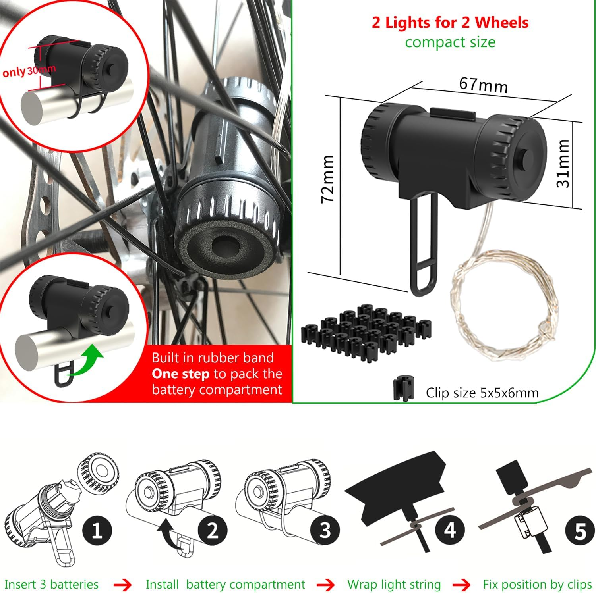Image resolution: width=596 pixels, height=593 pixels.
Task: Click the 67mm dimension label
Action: point(484,85)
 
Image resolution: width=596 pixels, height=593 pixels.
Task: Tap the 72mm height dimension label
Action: point(328,179)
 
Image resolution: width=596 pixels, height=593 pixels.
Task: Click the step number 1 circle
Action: point(97,530)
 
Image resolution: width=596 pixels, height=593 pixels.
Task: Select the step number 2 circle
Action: point(213,530)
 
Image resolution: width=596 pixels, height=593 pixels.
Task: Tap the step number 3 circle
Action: point(325,530)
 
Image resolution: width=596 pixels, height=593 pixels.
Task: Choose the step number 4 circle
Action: point(450,530)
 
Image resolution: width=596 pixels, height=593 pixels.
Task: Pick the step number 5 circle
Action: point(580,530)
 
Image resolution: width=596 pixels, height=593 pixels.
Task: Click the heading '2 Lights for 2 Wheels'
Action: point(450,23)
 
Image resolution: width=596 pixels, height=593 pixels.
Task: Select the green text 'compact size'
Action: point(450,42)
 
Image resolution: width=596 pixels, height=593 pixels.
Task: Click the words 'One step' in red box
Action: point(180,374)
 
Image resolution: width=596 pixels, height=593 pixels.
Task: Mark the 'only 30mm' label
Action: point(29,71)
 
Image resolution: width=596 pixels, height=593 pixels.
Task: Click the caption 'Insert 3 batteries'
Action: point(51,584)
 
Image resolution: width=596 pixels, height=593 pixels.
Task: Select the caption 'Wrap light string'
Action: point(394,585)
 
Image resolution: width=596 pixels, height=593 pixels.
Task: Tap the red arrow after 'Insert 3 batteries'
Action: point(123,585)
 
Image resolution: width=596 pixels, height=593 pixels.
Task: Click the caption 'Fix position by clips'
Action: point(538,585)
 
